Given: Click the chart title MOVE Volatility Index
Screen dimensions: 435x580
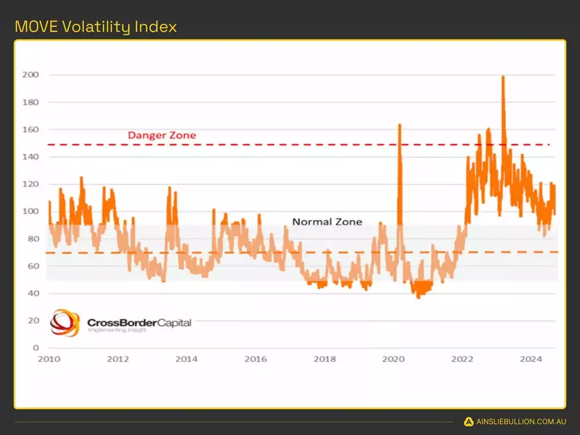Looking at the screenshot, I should coord(96,27).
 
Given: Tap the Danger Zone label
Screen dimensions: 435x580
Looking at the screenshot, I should coord(162,135).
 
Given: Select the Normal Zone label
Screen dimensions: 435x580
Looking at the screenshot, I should coord(327,222).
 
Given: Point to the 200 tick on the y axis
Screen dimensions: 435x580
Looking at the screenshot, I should coord(31,75).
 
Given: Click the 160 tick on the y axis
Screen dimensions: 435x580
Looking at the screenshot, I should coord(31,129).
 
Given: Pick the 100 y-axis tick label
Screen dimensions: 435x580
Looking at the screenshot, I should coord(31,211).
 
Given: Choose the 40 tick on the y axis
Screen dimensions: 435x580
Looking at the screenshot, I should coord(33,293).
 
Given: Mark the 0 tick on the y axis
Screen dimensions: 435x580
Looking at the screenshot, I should coord(35,348).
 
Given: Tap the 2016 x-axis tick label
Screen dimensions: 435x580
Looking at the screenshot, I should coord(255,360).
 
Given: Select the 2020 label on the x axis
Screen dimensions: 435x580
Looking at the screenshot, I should coord(393,360).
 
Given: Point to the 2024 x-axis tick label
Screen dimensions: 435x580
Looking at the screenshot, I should coord(531,360).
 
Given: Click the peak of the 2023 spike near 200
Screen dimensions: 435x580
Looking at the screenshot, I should coord(503,77).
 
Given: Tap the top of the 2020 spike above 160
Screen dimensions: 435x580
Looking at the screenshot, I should coord(400,125).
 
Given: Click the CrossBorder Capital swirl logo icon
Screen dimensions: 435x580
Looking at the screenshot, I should coord(64,323).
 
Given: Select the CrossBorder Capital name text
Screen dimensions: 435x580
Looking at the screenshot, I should coord(139,322).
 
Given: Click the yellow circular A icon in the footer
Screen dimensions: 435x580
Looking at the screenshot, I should coord(469,422).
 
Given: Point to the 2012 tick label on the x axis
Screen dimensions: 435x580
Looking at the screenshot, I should coord(118,360).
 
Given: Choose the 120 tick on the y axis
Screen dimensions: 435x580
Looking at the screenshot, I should coord(31,184).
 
